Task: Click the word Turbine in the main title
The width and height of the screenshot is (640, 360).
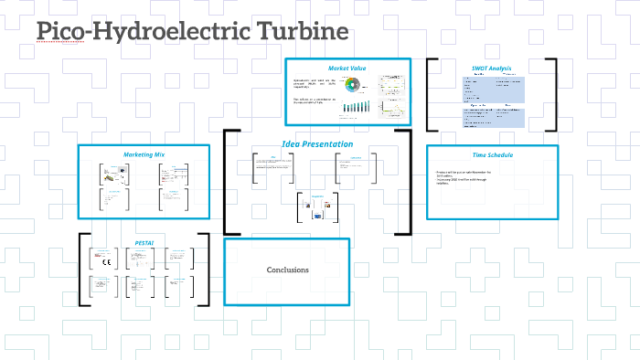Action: tap(296, 32)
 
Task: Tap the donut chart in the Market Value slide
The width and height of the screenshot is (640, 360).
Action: tap(359, 89)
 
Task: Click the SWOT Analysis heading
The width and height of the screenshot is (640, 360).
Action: tap(491, 69)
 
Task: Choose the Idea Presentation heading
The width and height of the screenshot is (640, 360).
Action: tap(316, 144)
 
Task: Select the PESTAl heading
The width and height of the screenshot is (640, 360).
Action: tap(144, 243)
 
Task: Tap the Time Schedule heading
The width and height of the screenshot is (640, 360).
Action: tap(492, 154)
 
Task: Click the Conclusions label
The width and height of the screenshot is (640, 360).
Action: tap(287, 270)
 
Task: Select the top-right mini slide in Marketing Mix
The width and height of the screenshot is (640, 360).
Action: tap(170, 174)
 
